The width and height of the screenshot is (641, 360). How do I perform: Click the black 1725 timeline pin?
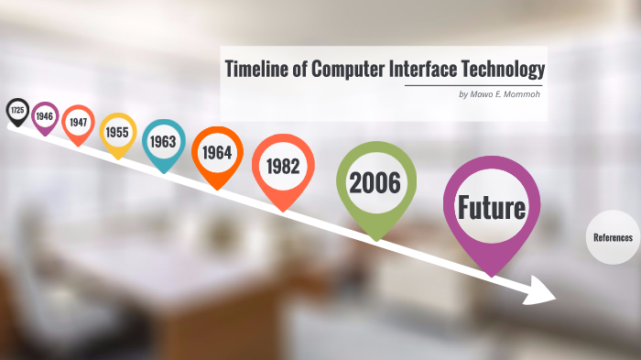pyautogui.click(x=16, y=111)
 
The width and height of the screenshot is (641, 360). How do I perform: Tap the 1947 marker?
pyautogui.click(x=78, y=123)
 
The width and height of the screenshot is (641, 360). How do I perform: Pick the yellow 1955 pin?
pyautogui.click(x=117, y=133)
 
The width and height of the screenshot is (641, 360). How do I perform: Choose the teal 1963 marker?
pyautogui.click(x=164, y=142)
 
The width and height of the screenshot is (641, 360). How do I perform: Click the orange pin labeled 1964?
pyautogui.click(x=217, y=153)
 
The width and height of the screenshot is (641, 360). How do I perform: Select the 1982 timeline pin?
pyautogui.click(x=283, y=167)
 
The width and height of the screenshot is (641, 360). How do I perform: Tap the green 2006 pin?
pyautogui.click(x=375, y=182)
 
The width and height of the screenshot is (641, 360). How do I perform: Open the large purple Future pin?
pyautogui.click(x=492, y=208)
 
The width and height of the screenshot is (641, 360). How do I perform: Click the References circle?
pyautogui.click(x=613, y=237)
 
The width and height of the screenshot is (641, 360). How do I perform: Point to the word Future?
pyautogui.click(x=492, y=207)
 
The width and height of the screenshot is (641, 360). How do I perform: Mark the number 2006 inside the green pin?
pyautogui.click(x=375, y=182)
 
